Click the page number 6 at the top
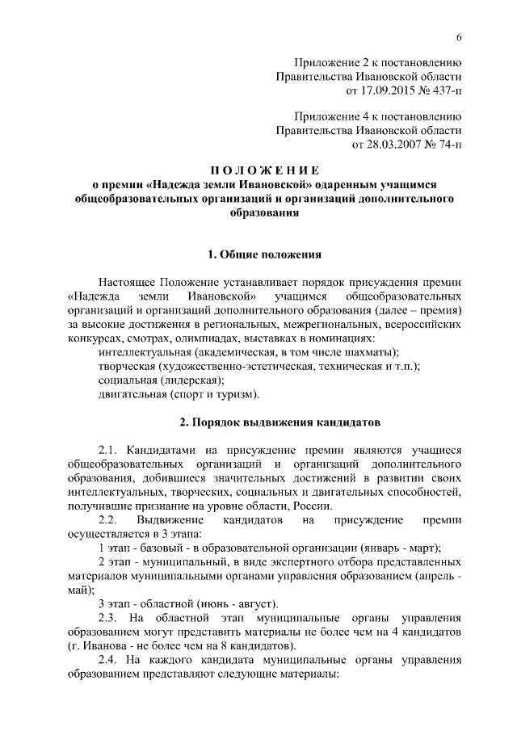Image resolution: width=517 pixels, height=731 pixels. (x=458, y=38)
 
